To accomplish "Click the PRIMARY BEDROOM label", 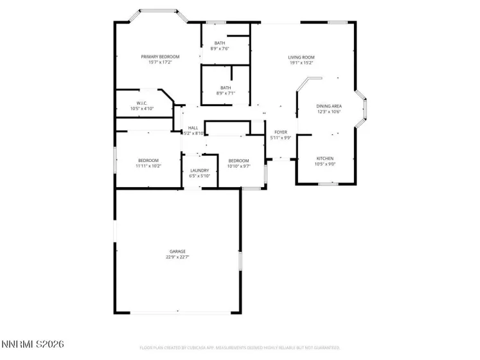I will pyautogui.click(x=160, y=57).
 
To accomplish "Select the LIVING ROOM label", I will pyautogui.click(x=301, y=57).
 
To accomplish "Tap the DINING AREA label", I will pyautogui.click(x=328, y=105).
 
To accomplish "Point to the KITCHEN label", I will pyautogui.click(x=324, y=158).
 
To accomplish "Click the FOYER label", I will pyautogui.click(x=281, y=132).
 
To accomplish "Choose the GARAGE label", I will pyautogui.click(x=177, y=251).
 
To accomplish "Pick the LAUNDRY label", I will pyautogui.click(x=199, y=170).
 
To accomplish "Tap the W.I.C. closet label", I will pyautogui.click(x=142, y=103).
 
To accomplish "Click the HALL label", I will pyautogui.click(x=193, y=128).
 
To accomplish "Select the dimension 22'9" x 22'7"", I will pyautogui.click(x=177, y=257).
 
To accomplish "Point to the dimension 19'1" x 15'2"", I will pyautogui.click(x=301, y=63).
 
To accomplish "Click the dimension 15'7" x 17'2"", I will pyautogui.click(x=160, y=62).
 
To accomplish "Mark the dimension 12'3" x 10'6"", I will pyautogui.click(x=328, y=111).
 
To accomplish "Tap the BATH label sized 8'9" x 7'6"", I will pyautogui.click(x=220, y=43).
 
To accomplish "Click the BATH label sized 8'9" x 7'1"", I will pyautogui.click(x=226, y=87).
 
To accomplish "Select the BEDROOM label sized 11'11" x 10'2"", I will pyautogui.click(x=148, y=160).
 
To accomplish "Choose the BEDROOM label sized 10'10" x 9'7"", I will pyautogui.click(x=238, y=160).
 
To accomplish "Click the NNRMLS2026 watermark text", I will pyautogui.click(x=32, y=345).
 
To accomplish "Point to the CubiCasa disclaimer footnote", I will pyautogui.click(x=240, y=348).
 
